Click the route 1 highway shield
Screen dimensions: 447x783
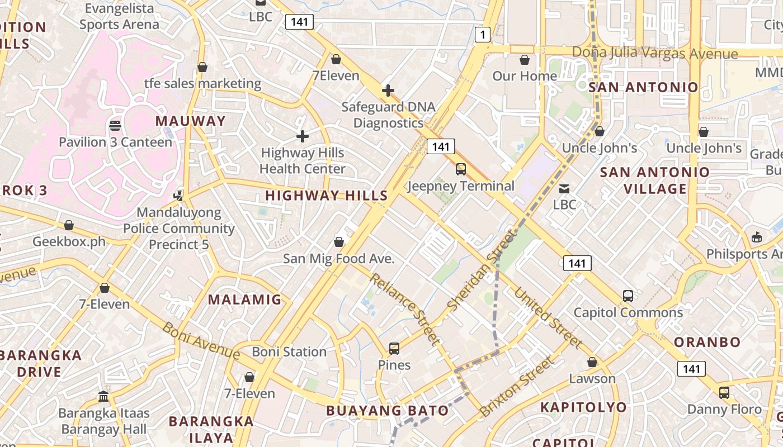click(x=483, y=35)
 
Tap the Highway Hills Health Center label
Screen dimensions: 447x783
click(x=303, y=160)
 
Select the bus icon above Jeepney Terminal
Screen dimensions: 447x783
click(x=461, y=169)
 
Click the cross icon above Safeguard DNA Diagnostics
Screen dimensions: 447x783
click(x=388, y=90)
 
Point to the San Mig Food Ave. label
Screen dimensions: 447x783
click(x=339, y=259)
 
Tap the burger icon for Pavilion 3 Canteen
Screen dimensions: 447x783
click(x=115, y=125)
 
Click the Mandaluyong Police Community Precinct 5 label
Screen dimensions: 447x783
click(x=179, y=229)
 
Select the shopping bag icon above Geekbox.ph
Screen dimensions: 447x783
click(x=69, y=225)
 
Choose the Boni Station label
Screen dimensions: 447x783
click(x=289, y=352)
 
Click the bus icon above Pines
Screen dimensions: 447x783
click(x=394, y=349)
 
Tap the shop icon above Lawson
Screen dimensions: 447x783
click(x=592, y=362)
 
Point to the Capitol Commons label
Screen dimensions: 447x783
click(x=628, y=312)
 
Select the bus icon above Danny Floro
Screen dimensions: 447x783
click(x=724, y=392)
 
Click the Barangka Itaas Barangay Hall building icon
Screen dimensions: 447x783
click(x=103, y=397)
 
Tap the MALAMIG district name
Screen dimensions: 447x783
click(x=244, y=299)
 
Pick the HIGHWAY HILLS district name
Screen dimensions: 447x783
click(x=326, y=196)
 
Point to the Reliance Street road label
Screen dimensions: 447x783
click(x=404, y=308)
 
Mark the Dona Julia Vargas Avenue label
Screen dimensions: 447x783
click(x=654, y=53)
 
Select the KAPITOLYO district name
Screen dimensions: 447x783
click(x=583, y=407)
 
